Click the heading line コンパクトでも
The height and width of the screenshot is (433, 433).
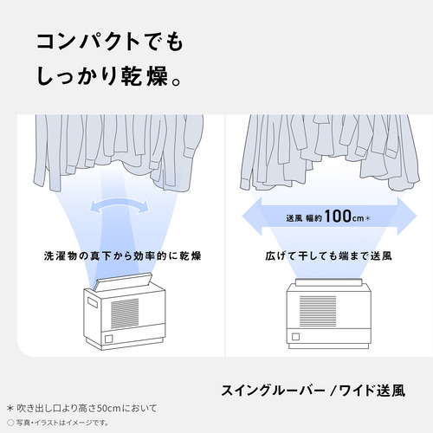pyautogui.click(x=110, y=42)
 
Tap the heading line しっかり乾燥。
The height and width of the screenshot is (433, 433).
pyautogui.click(x=109, y=76)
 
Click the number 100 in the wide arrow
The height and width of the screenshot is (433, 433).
pyautogui.click(x=338, y=216)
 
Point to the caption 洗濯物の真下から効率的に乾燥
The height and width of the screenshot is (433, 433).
pyautogui.click(x=122, y=255)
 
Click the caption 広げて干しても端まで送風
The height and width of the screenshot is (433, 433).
pyautogui.click(x=328, y=255)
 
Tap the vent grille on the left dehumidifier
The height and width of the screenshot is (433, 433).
pyautogui.click(x=125, y=313)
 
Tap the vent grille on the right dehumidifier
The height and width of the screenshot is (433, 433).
pyautogui.click(x=318, y=311)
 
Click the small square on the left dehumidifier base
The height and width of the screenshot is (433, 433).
pyautogui.click(x=109, y=339)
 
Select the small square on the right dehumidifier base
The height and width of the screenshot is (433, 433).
pyautogui.click(x=295, y=337)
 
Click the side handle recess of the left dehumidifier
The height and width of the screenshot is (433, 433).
pyautogui.click(x=93, y=303)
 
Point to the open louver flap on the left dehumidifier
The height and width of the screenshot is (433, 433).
pyautogui.click(x=123, y=281)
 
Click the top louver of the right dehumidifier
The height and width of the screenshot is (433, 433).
pyautogui.click(x=328, y=281)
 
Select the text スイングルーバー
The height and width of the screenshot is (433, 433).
pyautogui.click(x=273, y=391)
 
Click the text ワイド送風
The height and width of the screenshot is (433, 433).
pyautogui.click(x=372, y=391)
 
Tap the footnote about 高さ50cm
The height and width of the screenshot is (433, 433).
pyautogui.click(x=82, y=408)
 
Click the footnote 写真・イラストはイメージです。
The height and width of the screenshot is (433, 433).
pyautogui.click(x=58, y=423)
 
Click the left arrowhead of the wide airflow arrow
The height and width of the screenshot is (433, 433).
pyautogui.click(x=252, y=216)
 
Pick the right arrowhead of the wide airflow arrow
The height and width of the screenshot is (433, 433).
pyautogui.click(x=407, y=216)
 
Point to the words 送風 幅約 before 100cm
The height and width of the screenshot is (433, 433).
pyautogui.click(x=304, y=218)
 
